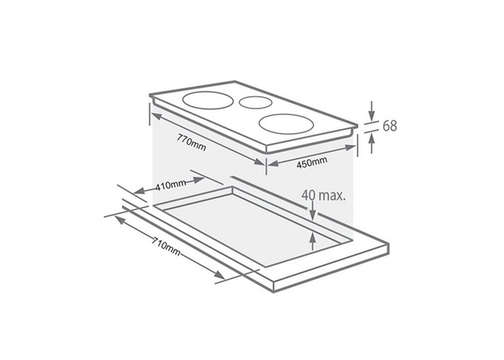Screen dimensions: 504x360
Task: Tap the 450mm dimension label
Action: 312,162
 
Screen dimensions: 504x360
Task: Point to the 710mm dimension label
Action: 166,246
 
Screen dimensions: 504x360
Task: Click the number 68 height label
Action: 390,126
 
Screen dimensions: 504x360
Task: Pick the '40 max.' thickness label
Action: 323,195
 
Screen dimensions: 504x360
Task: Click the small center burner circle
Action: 256,102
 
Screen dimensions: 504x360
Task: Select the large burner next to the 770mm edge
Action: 207,101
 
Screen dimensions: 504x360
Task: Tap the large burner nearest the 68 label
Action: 286,124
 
